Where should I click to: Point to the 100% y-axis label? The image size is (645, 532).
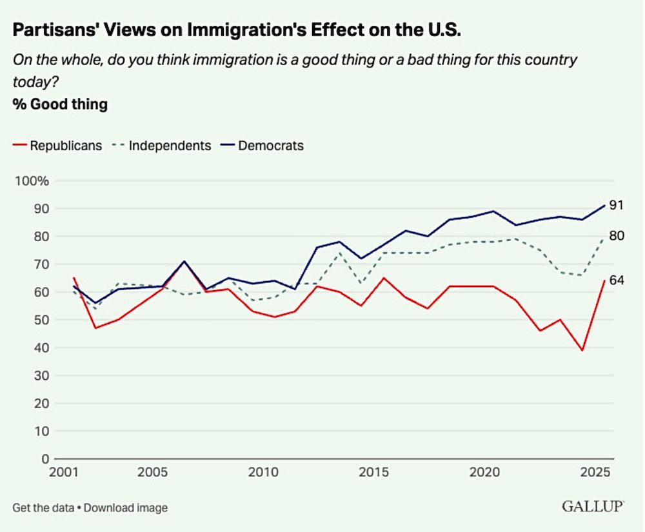coord(32,181)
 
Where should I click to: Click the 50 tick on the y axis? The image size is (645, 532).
coord(41,320)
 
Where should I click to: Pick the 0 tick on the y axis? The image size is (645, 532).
coord(45,459)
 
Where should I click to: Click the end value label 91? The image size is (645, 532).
coord(616,206)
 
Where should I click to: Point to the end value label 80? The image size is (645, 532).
coord(616,236)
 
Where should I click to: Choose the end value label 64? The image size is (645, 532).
coord(616,281)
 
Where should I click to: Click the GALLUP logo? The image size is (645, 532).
coord(593,506)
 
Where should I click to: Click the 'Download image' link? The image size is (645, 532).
coord(126,507)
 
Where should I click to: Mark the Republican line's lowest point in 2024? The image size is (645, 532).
coord(583,350)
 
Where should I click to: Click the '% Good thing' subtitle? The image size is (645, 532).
coord(60,104)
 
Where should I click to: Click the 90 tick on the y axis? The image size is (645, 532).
coord(41,209)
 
